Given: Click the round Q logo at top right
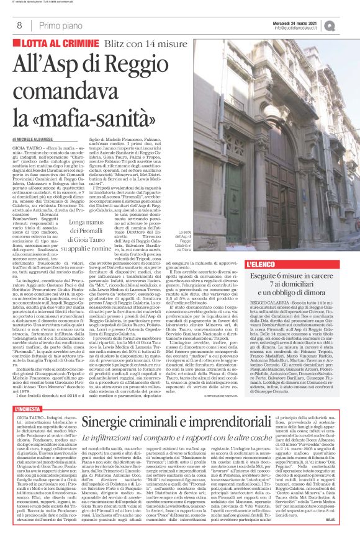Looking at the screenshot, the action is (x=346, y=25).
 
